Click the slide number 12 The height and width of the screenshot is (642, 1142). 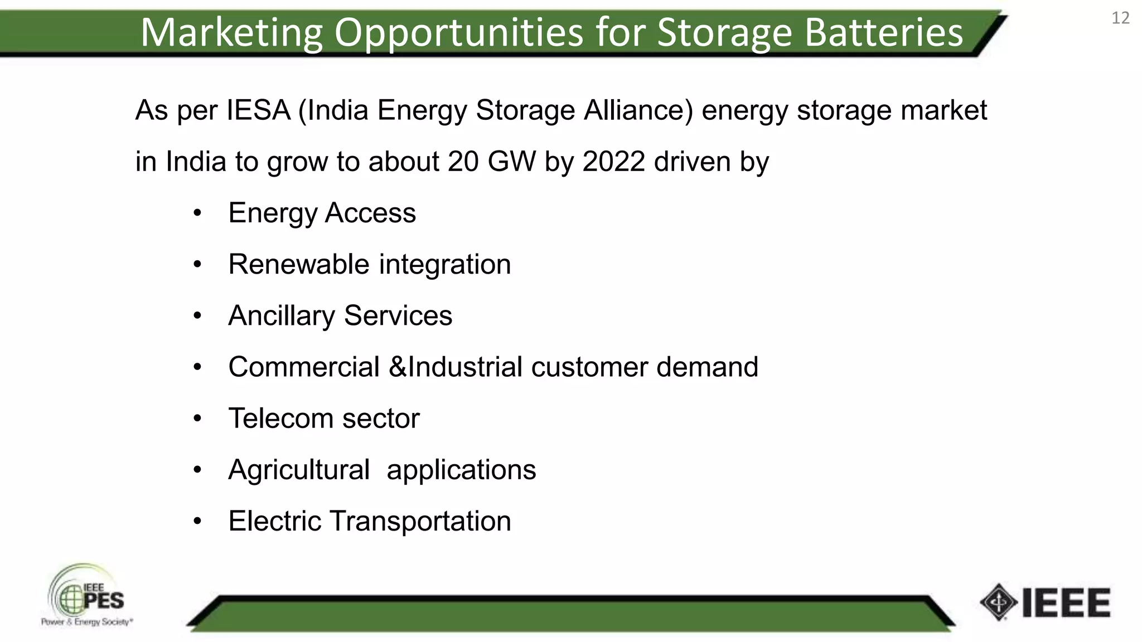point(1120,18)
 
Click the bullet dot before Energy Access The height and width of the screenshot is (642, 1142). point(197,213)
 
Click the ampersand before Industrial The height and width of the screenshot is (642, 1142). point(398,367)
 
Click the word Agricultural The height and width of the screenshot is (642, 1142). point(299,470)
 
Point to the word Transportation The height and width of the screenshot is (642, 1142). point(420,521)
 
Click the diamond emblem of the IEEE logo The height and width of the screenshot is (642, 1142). point(998,602)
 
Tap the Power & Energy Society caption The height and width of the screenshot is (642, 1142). point(86,622)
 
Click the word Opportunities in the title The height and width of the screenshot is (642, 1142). point(458,32)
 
